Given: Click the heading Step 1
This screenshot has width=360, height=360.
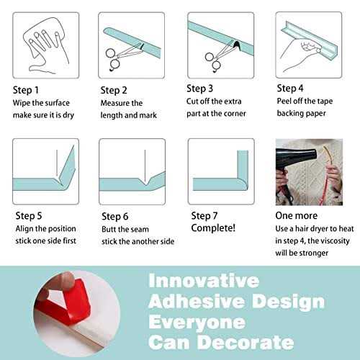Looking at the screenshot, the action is (x=26, y=90).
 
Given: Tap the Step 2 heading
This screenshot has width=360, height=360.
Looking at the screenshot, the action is (x=114, y=91).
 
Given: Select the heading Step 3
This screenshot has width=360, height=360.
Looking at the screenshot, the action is (x=199, y=89).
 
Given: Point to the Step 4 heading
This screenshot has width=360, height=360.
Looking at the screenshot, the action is (x=290, y=89).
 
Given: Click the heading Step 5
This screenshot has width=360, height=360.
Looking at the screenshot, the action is (x=29, y=216).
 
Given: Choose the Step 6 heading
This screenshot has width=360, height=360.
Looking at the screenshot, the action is (x=115, y=217).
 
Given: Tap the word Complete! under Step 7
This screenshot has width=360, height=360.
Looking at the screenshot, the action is (x=213, y=228).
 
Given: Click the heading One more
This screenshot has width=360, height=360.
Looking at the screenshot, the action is (x=297, y=215).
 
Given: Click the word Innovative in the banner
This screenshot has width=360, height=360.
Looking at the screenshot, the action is (x=204, y=281).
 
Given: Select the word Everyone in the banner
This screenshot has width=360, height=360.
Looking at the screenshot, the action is (x=197, y=323).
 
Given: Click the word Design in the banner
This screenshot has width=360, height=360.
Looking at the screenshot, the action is (x=289, y=302).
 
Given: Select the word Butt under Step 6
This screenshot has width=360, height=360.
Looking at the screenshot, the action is (x=109, y=229).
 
